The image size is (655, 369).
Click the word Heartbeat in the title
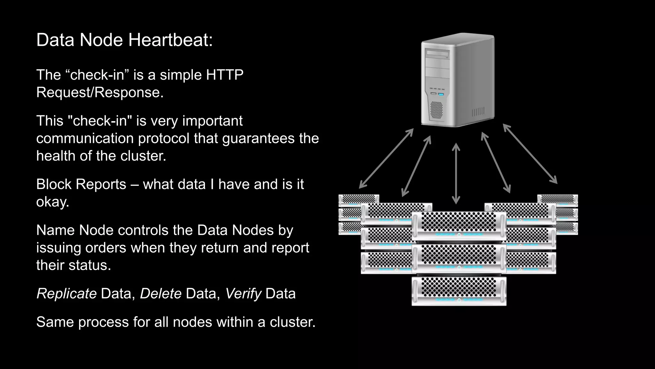170,40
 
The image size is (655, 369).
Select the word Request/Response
100,93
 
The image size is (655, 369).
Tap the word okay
52,202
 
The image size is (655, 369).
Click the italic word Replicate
67,294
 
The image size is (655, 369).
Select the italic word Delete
161,294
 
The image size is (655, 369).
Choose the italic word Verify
243,294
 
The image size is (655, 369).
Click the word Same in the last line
55,322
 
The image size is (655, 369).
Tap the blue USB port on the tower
441,94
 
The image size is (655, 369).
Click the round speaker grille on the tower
436,110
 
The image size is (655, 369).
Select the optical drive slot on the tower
438,53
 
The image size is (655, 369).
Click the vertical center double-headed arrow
456,174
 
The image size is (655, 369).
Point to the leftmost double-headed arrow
386,159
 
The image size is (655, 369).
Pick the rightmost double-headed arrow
530,154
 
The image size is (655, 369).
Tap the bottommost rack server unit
459,291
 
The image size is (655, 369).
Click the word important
212,121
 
